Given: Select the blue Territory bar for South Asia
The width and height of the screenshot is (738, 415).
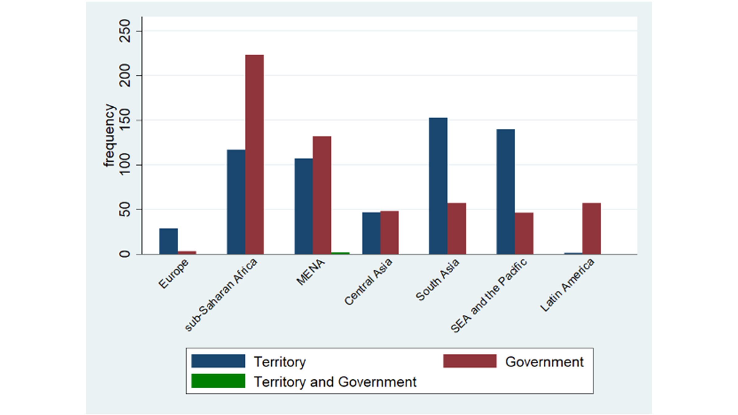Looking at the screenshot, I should (438, 186).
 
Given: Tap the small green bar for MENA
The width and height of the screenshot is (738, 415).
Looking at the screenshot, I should (340, 253).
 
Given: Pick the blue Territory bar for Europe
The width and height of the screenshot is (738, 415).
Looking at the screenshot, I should (169, 241).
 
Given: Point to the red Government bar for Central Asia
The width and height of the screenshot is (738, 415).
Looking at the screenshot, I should (389, 232).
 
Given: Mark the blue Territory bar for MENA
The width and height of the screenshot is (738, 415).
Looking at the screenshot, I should (304, 206).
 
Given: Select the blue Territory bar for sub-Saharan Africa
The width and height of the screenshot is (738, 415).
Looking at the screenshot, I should (236, 202).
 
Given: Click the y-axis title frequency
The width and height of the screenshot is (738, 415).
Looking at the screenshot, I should (109, 135).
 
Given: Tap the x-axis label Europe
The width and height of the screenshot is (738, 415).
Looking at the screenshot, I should (173, 274).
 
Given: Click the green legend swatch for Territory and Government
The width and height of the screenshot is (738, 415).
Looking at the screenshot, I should (218, 381).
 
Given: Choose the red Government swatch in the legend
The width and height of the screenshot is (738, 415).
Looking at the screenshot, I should (470, 361).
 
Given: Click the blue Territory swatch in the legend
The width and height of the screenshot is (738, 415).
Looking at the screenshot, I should (218, 361).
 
